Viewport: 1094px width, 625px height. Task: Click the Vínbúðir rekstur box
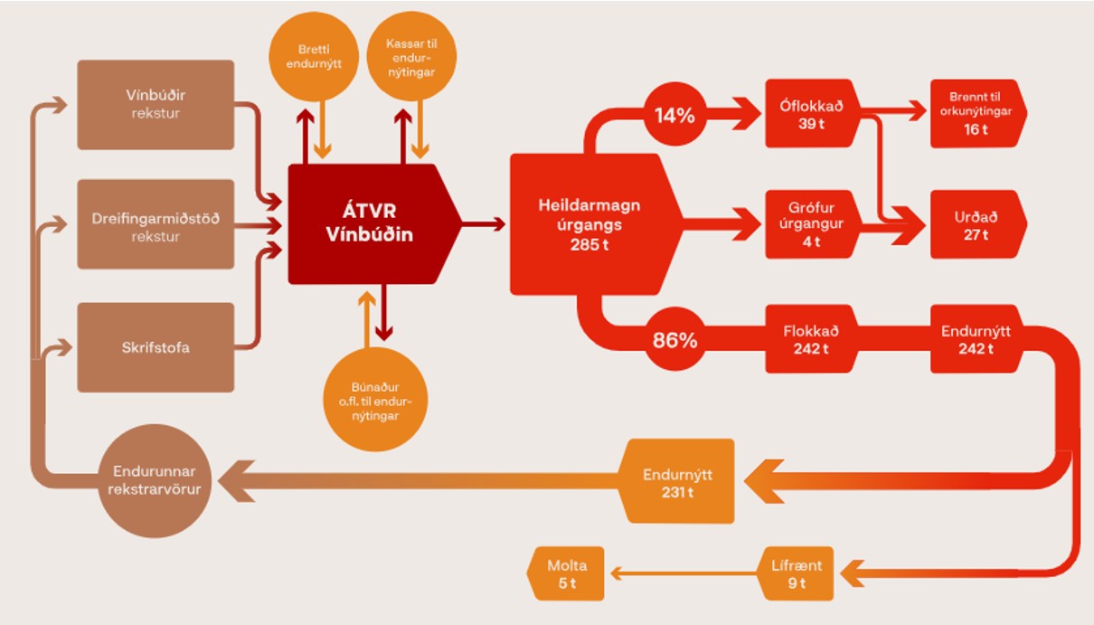point(156,105)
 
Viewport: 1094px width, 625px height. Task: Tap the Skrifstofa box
point(156,347)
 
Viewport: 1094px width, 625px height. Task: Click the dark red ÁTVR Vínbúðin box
point(369,224)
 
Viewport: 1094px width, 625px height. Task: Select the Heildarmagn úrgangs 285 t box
point(589,224)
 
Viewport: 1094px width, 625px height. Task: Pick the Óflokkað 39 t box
point(811,114)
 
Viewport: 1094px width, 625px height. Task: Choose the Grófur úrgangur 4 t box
point(811,224)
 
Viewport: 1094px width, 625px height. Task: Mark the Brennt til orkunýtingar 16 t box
point(976,114)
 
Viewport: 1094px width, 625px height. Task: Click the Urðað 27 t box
point(976,224)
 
